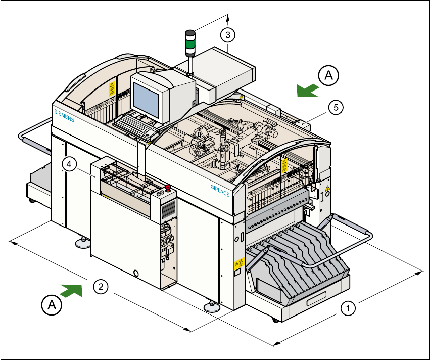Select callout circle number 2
[102, 287]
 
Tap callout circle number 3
[228, 35]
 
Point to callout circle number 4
[70, 164]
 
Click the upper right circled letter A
[328, 76]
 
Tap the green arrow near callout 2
[71, 290]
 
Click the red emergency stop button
[168, 190]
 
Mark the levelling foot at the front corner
[211, 306]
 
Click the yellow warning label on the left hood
[112, 89]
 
